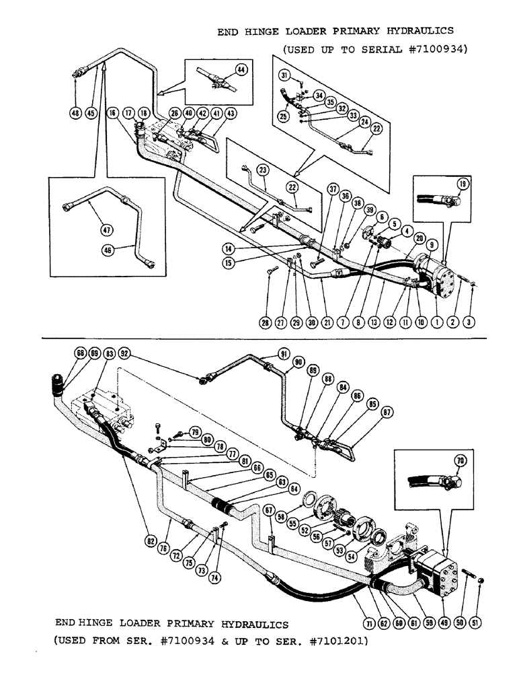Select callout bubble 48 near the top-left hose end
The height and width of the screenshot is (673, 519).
pos(75,113)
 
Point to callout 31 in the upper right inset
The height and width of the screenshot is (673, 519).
pos(286,75)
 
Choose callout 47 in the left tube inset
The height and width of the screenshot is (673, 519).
pos(105,229)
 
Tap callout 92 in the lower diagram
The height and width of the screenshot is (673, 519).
pos(124,353)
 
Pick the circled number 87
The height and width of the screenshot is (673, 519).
pos(387,413)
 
